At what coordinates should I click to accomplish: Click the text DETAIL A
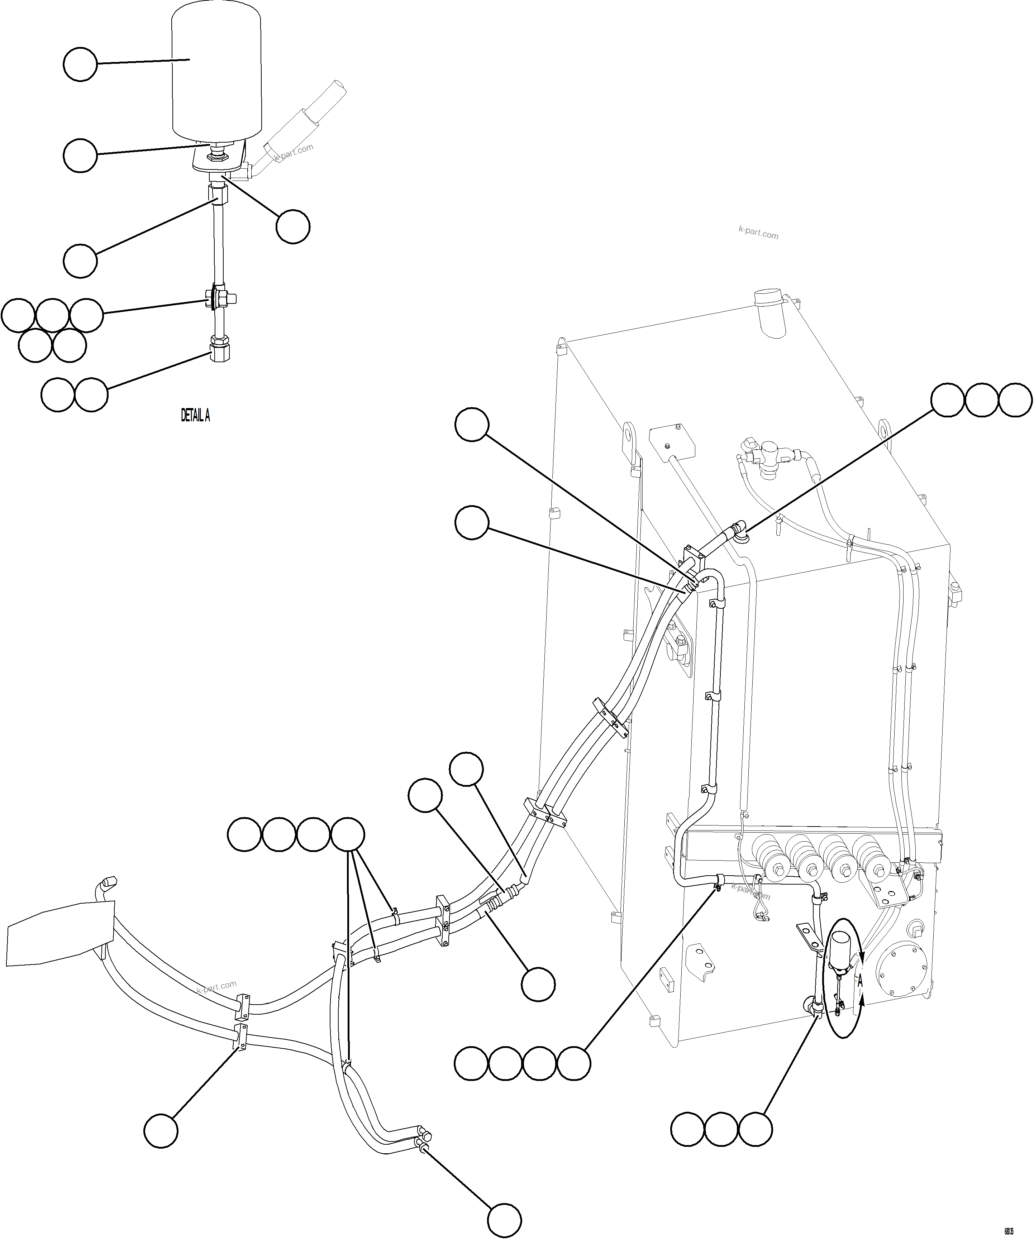(x=195, y=416)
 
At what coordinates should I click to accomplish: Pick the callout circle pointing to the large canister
(x=80, y=65)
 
